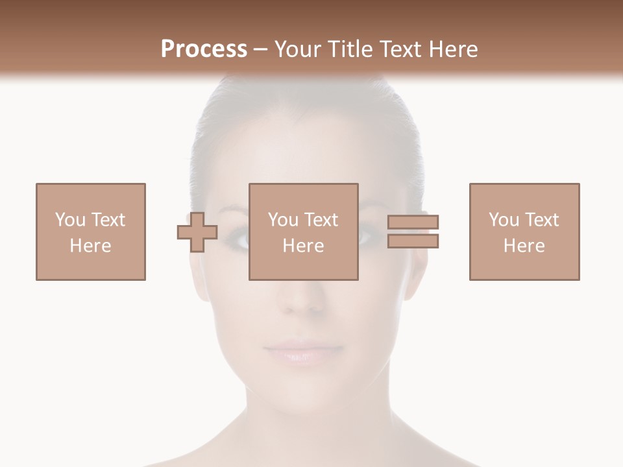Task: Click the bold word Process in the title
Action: (x=204, y=49)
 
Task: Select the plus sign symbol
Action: (x=197, y=232)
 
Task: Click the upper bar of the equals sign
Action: (x=413, y=222)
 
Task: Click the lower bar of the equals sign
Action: (x=413, y=241)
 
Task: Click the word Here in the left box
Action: (x=91, y=246)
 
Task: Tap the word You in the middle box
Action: (x=283, y=220)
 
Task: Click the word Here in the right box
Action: (x=524, y=246)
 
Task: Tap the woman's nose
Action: (x=300, y=298)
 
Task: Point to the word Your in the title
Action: (x=299, y=49)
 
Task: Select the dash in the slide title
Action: (x=260, y=49)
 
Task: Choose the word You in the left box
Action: (x=70, y=220)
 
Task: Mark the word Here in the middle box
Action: (x=304, y=246)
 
